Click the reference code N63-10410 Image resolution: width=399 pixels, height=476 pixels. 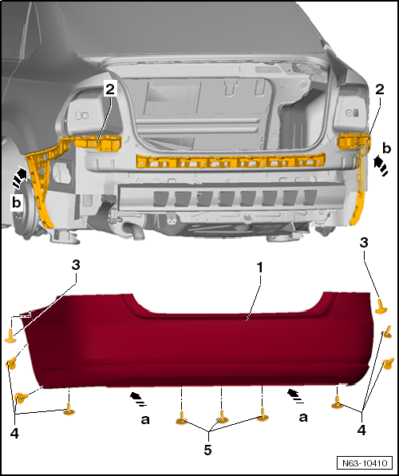[365, 463]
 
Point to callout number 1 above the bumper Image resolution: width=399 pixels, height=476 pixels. [259, 268]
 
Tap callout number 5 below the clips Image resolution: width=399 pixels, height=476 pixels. [207, 450]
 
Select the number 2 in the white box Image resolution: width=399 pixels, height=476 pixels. [110, 89]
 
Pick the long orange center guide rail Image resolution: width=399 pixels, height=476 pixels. [231, 161]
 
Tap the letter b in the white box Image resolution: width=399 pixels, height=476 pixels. [17, 202]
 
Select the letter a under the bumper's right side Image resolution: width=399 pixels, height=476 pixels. [302, 418]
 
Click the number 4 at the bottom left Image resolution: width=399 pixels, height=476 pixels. [14, 434]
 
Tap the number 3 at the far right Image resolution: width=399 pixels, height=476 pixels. [364, 243]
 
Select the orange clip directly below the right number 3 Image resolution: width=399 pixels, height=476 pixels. [381, 307]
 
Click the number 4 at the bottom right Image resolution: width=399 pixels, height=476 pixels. [361, 430]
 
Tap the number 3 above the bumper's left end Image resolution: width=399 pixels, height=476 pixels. [76, 264]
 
